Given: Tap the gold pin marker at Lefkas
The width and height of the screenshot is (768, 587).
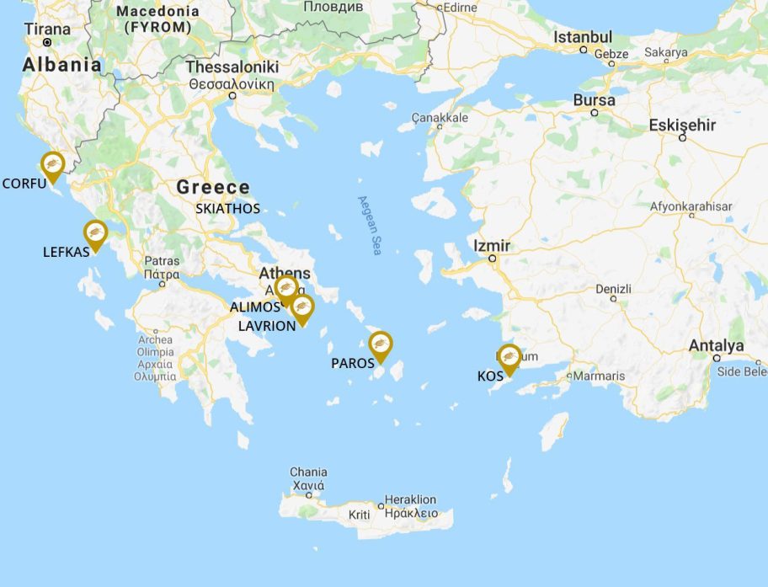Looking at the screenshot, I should click(x=95, y=233).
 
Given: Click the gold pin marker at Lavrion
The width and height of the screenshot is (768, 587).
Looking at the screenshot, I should click(x=302, y=308).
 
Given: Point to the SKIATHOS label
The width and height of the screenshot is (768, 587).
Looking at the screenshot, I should click(x=227, y=208).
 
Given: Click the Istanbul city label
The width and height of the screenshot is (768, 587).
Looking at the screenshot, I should click(x=583, y=38).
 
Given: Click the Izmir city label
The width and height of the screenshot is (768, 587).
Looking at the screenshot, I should click(x=492, y=246).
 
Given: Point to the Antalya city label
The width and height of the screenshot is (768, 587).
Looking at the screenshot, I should click(x=716, y=345).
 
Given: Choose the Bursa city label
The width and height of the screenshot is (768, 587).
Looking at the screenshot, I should click(x=595, y=100).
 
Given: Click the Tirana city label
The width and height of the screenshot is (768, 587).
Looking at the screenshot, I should click(x=47, y=29).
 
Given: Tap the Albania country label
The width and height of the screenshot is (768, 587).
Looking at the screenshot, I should click(x=61, y=65).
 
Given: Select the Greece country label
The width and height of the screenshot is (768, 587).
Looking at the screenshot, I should click(x=213, y=187).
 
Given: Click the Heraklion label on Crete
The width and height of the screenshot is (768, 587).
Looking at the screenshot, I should click(x=410, y=499).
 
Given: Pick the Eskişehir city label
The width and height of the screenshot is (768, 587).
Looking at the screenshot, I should click(x=682, y=125).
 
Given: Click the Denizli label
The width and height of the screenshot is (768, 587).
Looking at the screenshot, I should click(x=613, y=288).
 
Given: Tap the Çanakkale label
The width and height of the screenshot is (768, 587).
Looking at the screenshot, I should click(x=440, y=118).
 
